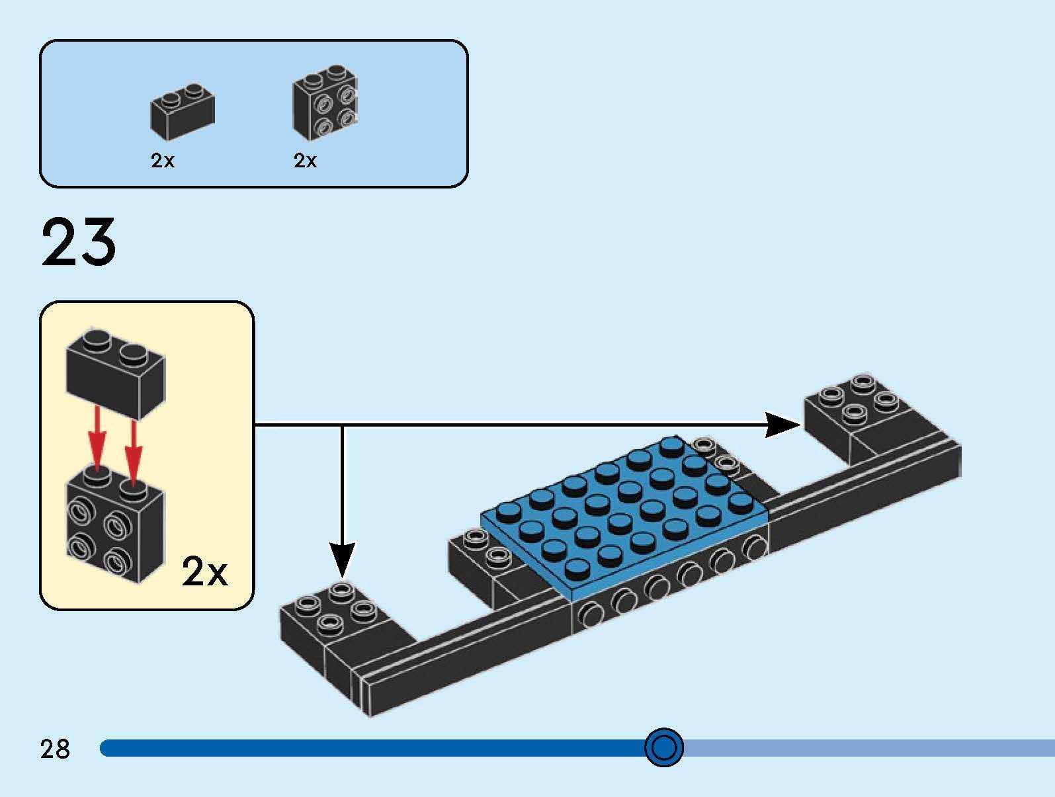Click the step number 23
pyautogui.click(x=79, y=243)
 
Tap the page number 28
pyautogui.click(x=55, y=749)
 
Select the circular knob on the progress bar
pyautogui.click(x=663, y=747)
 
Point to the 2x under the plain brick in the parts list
pyautogui.click(x=163, y=161)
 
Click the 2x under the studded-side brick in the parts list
pyautogui.click(x=305, y=161)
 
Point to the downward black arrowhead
pyautogui.click(x=342, y=560)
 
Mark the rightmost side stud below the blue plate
pyautogui.click(x=753, y=548)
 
